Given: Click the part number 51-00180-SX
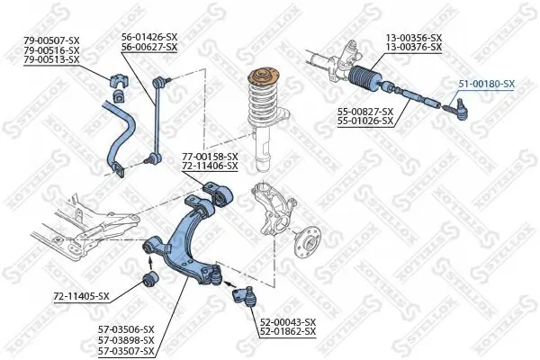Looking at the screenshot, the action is [x=486, y=84].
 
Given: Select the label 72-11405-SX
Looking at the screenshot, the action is [x=81, y=296].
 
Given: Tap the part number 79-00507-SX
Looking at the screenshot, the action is [x=51, y=41].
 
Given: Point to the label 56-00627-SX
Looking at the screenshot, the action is [x=149, y=47].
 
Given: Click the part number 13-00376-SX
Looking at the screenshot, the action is [x=414, y=47].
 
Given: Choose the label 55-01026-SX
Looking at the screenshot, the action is [x=365, y=121].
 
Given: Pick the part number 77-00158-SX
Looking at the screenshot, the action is [x=210, y=157].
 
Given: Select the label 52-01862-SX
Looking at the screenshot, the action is [x=288, y=332].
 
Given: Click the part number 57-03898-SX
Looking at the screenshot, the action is [x=126, y=340].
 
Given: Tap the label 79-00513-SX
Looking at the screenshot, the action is [x=51, y=60].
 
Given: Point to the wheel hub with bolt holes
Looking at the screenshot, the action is [x=308, y=241].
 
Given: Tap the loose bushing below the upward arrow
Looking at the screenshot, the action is [x=150, y=278].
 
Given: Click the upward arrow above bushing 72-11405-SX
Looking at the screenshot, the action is [x=150, y=263].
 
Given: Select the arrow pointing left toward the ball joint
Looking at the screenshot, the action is [x=230, y=284].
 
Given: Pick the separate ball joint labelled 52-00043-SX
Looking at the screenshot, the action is [x=245, y=296].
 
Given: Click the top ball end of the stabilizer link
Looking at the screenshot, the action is [x=158, y=82].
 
